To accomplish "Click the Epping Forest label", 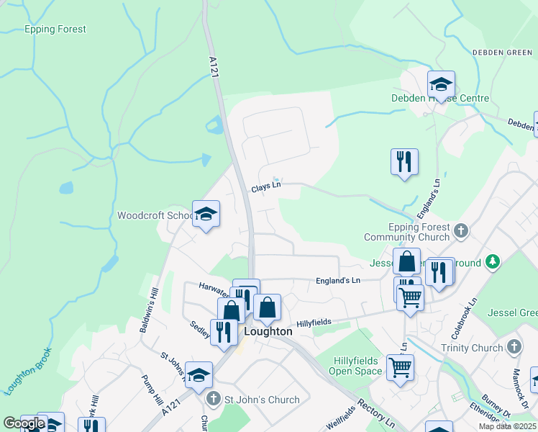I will [x=55, y=30].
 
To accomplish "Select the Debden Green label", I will [x=501, y=53].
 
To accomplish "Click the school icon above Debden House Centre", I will [x=441, y=84].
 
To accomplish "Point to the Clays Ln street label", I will [x=265, y=187].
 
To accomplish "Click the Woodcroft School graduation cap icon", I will [x=206, y=214].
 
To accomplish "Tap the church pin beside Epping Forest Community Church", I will [x=461, y=231].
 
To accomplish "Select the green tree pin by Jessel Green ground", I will [x=493, y=262].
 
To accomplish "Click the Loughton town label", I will [x=268, y=332].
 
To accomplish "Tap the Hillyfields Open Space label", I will [x=357, y=366].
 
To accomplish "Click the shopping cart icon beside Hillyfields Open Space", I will [x=401, y=367].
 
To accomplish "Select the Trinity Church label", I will [x=473, y=348].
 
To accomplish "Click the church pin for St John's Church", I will [x=213, y=398].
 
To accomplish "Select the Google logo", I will [x=24, y=423].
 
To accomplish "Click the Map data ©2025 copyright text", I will [x=507, y=426].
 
